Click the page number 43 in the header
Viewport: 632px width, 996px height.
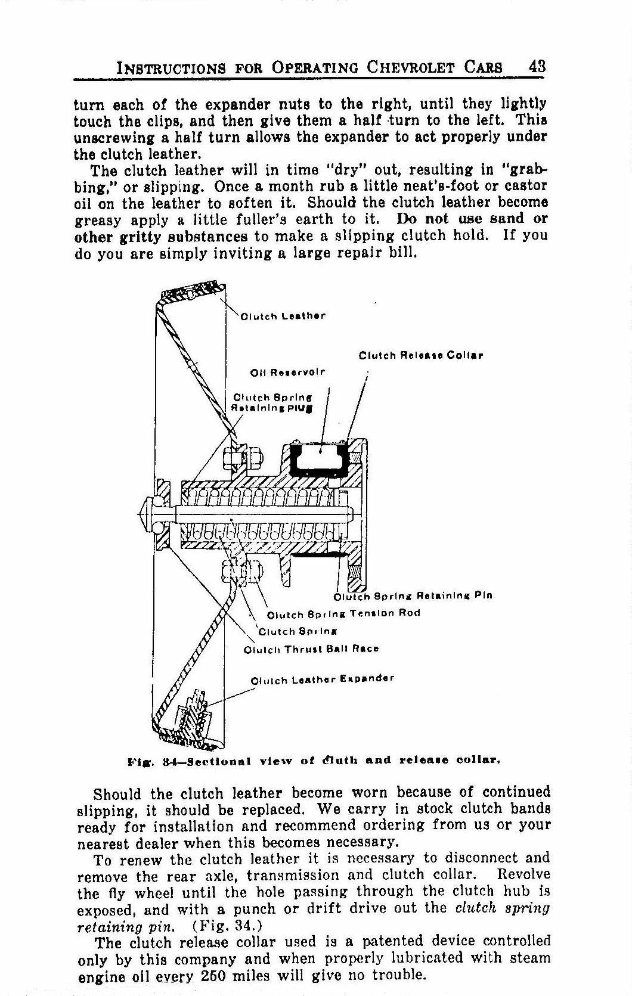(537, 67)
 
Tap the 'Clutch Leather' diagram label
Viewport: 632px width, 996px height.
(283, 316)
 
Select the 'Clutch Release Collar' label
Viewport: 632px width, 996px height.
(420, 356)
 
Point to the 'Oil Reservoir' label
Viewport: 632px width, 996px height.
(288, 373)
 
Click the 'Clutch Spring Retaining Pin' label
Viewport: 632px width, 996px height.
(413, 595)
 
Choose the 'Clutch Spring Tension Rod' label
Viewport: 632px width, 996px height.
(343, 613)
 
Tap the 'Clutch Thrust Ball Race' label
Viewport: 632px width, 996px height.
(311, 649)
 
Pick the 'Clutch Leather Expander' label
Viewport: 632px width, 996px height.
(323, 679)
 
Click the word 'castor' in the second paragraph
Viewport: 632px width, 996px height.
(527, 186)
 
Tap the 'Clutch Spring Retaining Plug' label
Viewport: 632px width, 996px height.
(272, 403)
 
